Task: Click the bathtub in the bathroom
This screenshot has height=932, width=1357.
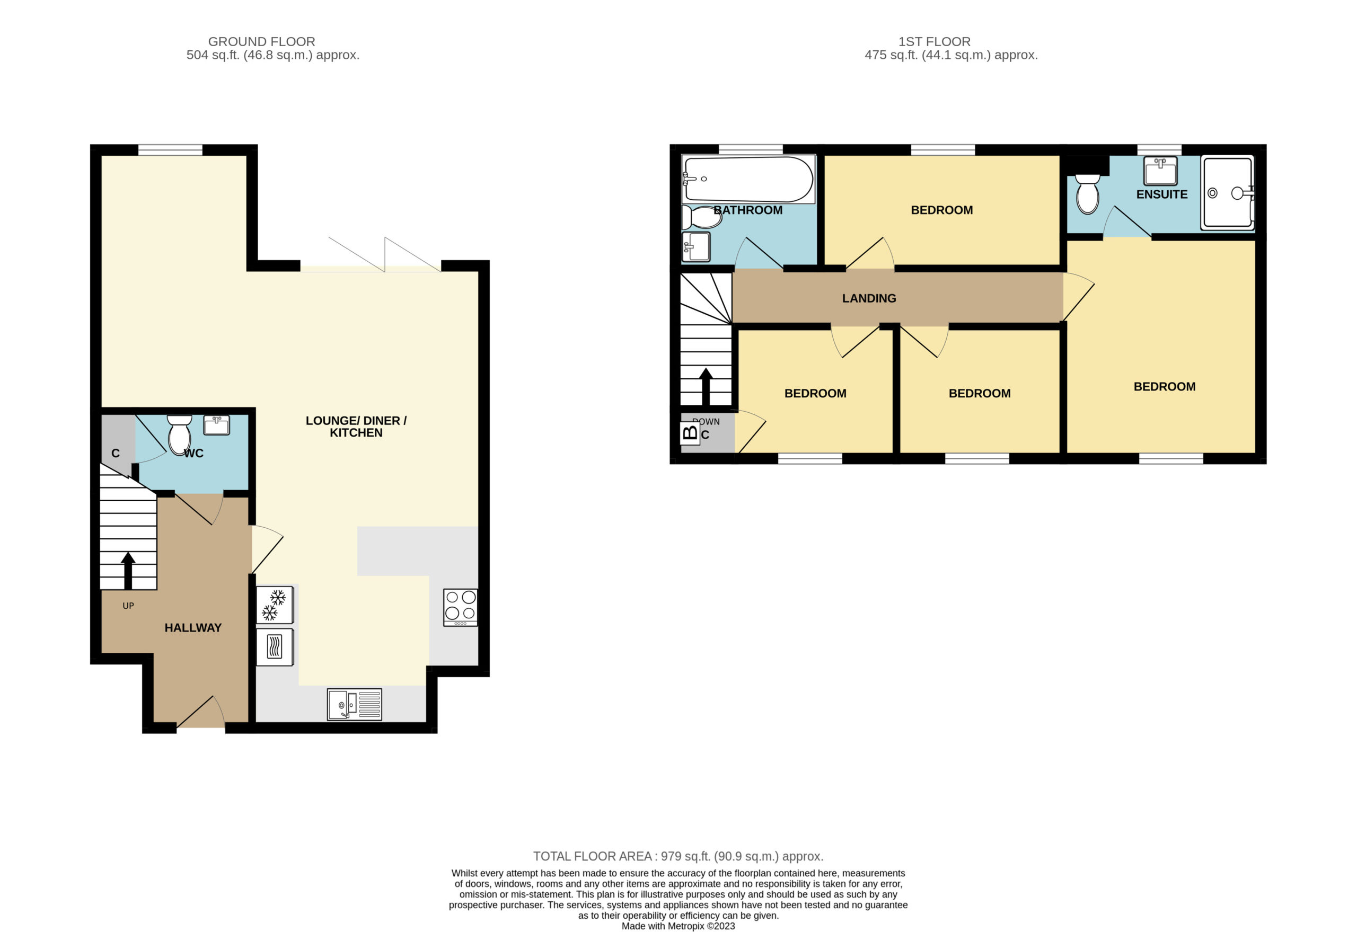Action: point(748,179)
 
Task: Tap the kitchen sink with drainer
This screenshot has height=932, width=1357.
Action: point(354,704)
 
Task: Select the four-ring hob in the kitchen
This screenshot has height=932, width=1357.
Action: point(460,607)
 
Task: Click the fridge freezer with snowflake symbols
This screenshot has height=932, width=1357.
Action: point(275,605)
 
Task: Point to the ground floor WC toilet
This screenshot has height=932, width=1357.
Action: point(179,434)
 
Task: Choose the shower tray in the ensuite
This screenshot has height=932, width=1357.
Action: point(1227,193)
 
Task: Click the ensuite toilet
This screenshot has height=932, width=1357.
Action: point(1087,194)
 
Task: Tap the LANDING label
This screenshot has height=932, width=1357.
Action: point(869,298)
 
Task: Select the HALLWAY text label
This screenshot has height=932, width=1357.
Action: point(193,628)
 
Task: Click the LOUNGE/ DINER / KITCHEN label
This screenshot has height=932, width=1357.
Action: point(356,427)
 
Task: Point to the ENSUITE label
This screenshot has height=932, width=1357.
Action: point(1161,194)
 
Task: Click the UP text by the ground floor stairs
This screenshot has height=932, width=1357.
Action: point(128,606)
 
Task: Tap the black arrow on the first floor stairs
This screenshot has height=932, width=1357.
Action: point(706,386)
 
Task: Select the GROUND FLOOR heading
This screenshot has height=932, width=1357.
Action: point(262,42)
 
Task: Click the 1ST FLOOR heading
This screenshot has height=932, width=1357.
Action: point(934,42)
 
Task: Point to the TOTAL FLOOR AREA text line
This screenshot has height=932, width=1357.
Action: point(678,856)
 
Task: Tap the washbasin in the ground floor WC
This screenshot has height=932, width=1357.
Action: point(216,424)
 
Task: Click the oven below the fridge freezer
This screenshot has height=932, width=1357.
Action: point(275,646)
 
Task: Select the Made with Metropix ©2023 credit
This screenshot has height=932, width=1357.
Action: point(678,926)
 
